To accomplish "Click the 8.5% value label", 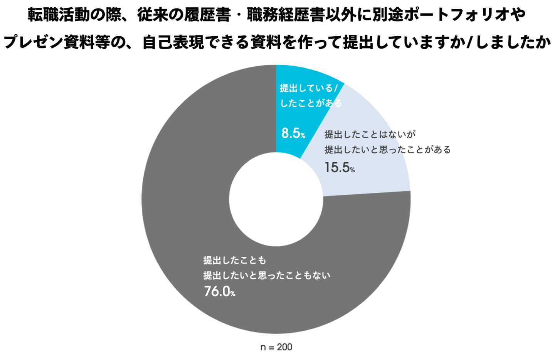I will coord(293,133).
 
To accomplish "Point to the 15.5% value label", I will coord(339,168).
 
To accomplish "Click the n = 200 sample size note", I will coord(276,347).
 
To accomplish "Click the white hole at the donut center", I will coord(276,199).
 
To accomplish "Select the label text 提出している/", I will coord(308,88).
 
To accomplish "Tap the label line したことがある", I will coord(311,103).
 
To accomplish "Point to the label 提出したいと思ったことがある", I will coord(387,150).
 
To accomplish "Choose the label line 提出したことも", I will coord(235,261).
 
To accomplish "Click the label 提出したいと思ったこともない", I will coord(267,276).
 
